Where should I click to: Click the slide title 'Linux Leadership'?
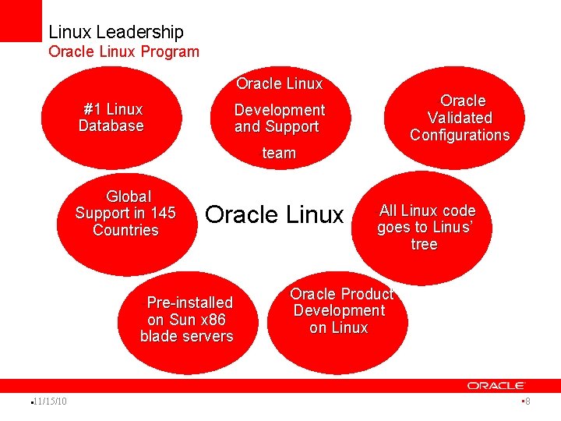pyautogui.click(x=116, y=32)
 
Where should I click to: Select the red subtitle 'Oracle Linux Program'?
pyautogui.click(x=124, y=52)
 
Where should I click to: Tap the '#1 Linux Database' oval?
pyautogui.click(x=111, y=118)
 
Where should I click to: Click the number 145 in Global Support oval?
pyautogui.click(x=164, y=213)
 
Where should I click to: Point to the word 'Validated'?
pyautogui.click(x=460, y=118)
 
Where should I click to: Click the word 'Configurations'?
pyautogui.click(x=460, y=135)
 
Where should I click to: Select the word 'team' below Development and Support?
pyautogui.click(x=279, y=153)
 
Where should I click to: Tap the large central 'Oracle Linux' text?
pyautogui.click(x=273, y=214)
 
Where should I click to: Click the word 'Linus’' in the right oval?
pyautogui.click(x=453, y=228)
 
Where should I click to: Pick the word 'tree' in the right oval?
pyautogui.click(x=424, y=245)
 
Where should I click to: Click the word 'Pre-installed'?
pyautogui.click(x=190, y=302)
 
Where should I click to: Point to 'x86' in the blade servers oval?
pyautogui.click(x=213, y=320)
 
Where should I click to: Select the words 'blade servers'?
pyautogui.click(x=186, y=337)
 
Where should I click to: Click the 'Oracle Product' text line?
pyautogui.click(x=341, y=294)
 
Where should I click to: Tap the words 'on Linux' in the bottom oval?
pyautogui.click(x=338, y=328)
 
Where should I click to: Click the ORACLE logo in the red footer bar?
pyautogui.click(x=496, y=385)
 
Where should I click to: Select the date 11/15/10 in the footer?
pyautogui.click(x=50, y=402)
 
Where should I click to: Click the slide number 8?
pyautogui.click(x=527, y=402)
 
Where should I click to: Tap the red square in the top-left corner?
pyautogui.click(x=20, y=19)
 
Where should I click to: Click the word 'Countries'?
pyautogui.click(x=125, y=230)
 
